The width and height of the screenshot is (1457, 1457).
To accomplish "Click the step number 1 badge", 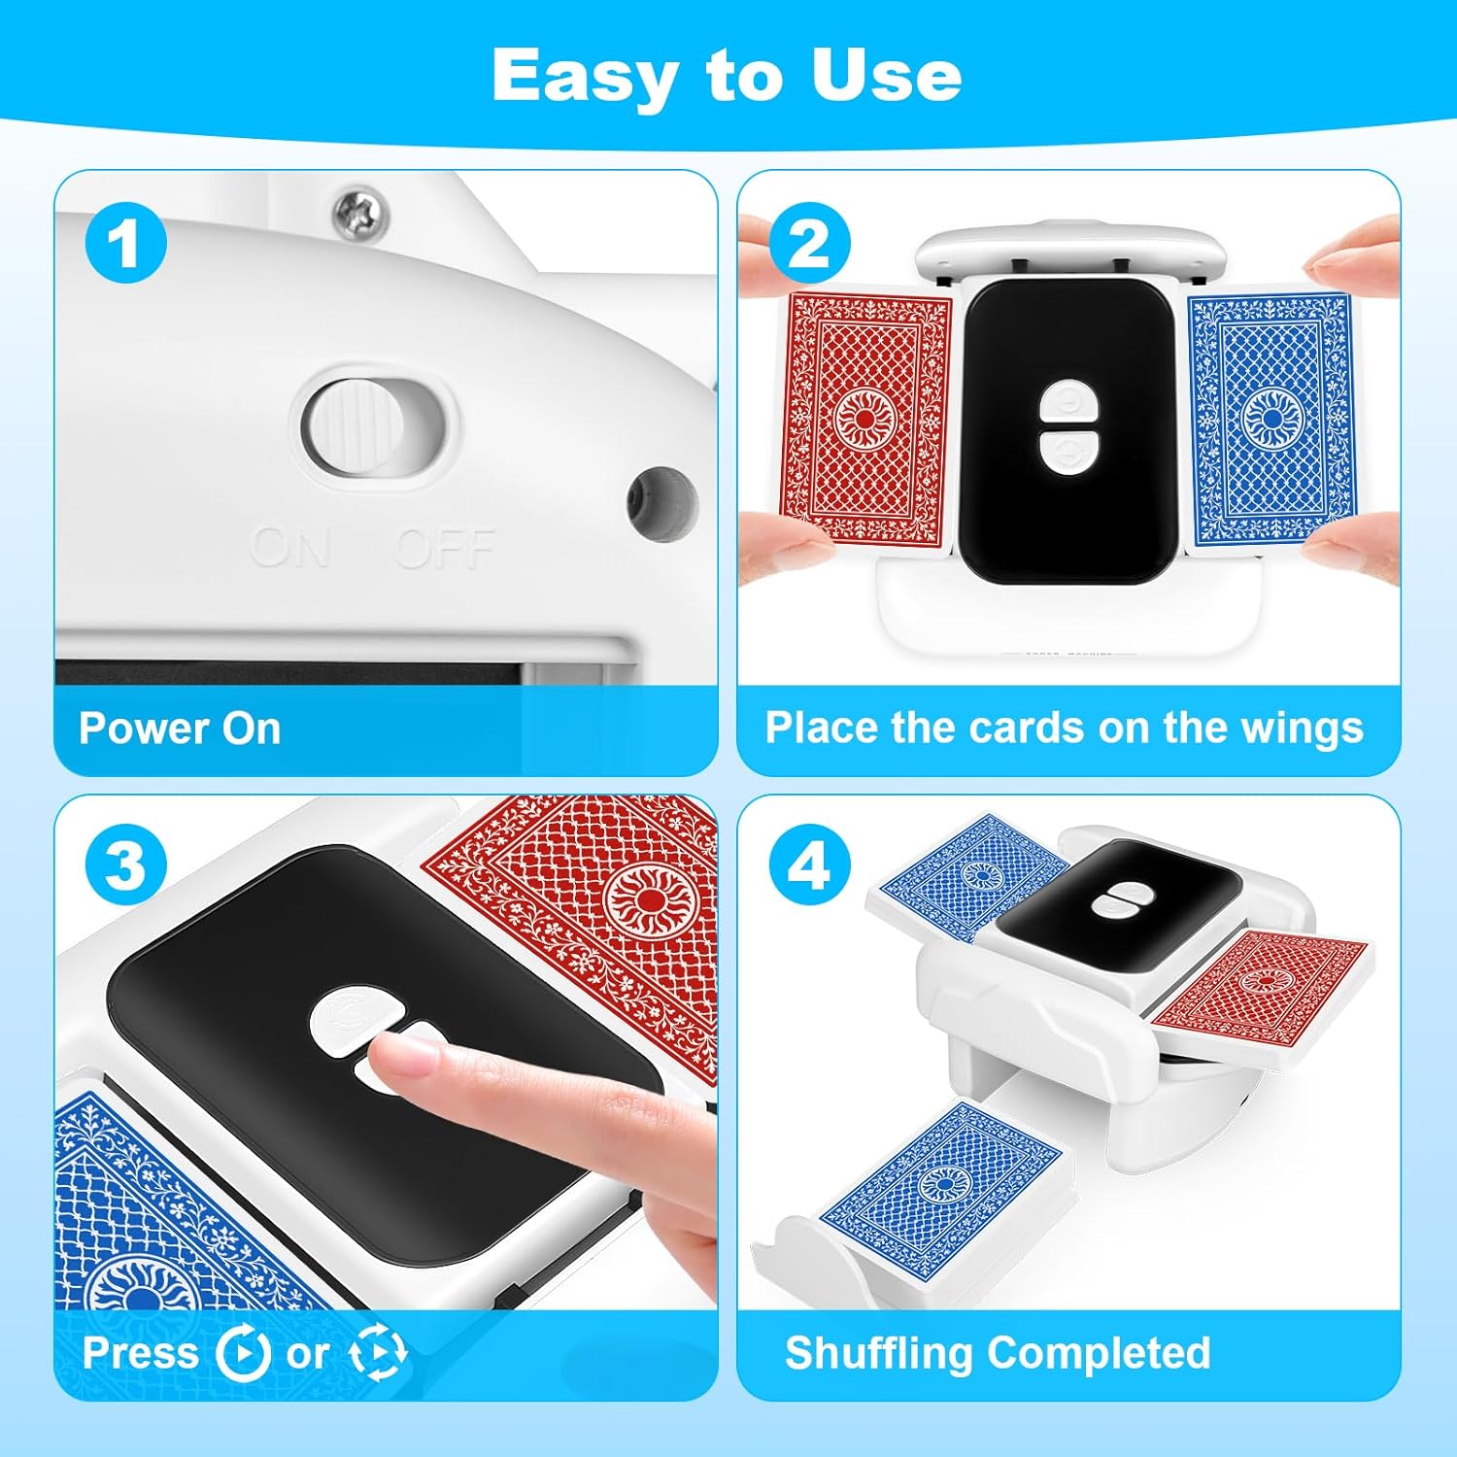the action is (x=126, y=243).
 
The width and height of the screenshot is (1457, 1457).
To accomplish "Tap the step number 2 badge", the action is (x=810, y=243).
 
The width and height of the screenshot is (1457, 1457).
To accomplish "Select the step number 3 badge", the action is (x=126, y=864).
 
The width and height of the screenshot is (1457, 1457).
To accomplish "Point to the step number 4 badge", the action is (x=810, y=864).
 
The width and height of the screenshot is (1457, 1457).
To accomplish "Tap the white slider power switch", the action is (x=354, y=426).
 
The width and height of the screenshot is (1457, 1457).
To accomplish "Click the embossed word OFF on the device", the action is (x=446, y=549).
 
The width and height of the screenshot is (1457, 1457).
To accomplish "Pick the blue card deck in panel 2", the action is (x=1271, y=420).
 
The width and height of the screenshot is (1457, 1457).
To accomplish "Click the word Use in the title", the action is (x=885, y=76).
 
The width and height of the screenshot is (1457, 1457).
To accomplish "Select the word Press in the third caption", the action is (x=141, y=1353).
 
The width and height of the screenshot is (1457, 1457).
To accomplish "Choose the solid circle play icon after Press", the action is (x=243, y=1353).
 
